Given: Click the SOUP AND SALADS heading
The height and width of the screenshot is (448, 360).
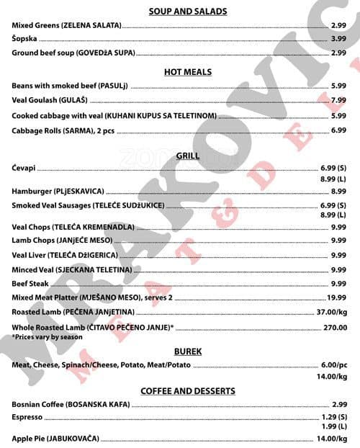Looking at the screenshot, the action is [x=187, y=12].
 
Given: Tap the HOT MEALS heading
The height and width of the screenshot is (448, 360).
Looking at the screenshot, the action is [x=187, y=72].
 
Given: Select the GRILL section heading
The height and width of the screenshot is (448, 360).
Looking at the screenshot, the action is [x=187, y=156].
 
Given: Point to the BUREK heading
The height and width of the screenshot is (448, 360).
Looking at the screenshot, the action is [x=187, y=351].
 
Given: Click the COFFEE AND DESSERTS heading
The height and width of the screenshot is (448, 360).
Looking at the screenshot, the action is [x=187, y=391].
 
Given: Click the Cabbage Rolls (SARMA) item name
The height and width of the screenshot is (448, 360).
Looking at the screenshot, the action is [x=63, y=130].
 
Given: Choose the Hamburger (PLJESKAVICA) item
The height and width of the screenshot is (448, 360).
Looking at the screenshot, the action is [x=58, y=191].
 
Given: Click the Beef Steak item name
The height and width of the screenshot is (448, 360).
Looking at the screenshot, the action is [x=30, y=284].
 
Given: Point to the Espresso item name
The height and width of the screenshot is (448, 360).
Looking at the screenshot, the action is [x=27, y=417].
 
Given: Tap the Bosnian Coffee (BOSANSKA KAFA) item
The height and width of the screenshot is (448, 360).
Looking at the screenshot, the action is [x=71, y=404].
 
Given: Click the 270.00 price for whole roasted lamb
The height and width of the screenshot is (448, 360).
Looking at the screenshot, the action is [x=335, y=327].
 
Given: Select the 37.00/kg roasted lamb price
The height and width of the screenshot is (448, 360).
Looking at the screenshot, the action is [x=332, y=312].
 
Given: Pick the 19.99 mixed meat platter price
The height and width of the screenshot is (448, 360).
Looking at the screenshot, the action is [x=336, y=297].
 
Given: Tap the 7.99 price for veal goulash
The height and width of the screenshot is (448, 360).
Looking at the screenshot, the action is [x=338, y=100].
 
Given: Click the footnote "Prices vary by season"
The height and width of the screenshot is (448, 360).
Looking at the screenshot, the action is [x=48, y=336].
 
